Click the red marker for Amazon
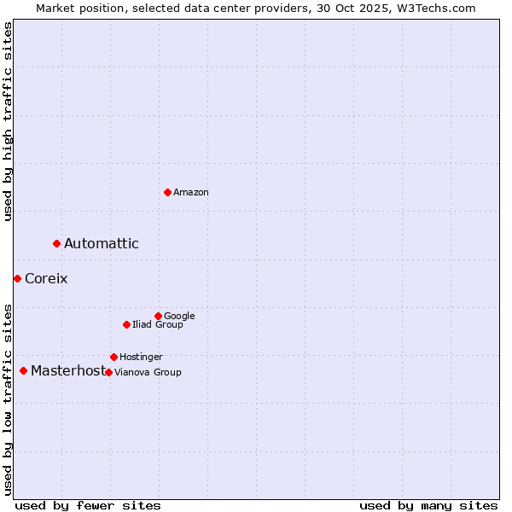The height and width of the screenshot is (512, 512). click(167, 192)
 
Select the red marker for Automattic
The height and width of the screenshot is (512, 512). click(57, 244)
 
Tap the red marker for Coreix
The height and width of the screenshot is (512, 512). click(17, 278)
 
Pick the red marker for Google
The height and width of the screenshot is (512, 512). click(158, 316)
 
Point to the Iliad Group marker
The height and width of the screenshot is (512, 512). click(126, 324)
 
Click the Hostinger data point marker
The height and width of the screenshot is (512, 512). click(113, 357)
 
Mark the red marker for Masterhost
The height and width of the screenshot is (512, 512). click(23, 370)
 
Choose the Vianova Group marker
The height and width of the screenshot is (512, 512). click(108, 372)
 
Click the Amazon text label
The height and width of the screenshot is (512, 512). click(191, 193)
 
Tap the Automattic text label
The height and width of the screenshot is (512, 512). click(102, 244)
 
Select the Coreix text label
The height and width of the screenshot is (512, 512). click(46, 279)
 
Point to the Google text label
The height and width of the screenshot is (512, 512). click(179, 317)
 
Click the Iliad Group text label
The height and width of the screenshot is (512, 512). click(158, 325)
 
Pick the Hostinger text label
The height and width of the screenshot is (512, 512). click(141, 358)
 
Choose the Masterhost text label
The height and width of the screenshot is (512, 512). click(67, 371)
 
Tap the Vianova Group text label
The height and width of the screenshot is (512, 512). click(148, 373)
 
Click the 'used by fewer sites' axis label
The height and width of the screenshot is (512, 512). click(88, 505)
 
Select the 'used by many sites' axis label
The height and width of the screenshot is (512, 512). click(428, 505)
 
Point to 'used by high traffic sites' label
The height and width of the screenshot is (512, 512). click(8, 121)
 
